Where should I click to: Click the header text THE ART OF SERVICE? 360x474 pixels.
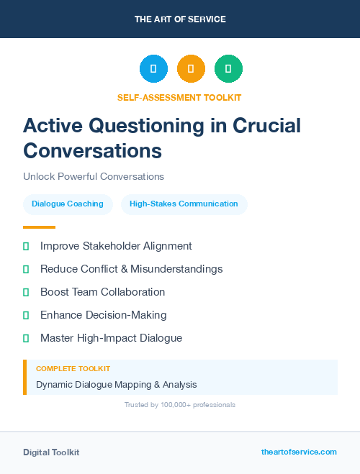click(x=180, y=19)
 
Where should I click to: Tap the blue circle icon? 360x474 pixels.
click(x=153, y=69)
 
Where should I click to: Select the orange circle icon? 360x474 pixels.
click(x=191, y=69)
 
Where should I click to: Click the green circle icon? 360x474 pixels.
click(x=228, y=69)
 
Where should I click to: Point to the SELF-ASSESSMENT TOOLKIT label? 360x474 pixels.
click(x=179, y=97)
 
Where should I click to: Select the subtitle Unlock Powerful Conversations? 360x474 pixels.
click(x=94, y=176)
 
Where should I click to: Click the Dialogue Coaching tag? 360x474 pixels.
click(x=68, y=204)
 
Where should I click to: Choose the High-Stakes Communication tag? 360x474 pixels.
click(x=184, y=204)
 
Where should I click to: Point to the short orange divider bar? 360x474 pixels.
click(x=40, y=227)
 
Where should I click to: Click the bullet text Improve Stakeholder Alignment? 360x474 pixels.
click(x=116, y=246)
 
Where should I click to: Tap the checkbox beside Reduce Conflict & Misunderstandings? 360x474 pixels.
click(x=26, y=269)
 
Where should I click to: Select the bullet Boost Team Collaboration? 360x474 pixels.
click(x=102, y=292)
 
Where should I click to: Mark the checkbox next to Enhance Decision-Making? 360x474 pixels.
click(x=26, y=315)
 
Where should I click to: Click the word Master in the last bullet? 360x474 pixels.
click(x=57, y=337)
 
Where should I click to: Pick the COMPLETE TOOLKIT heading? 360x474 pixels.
click(x=73, y=368)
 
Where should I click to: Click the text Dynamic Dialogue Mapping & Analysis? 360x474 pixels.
click(x=116, y=385)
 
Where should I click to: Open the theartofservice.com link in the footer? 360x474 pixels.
click(x=299, y=452)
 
